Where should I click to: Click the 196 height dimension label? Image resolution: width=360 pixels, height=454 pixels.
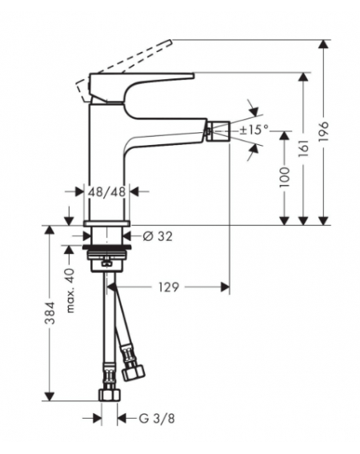[x=323, y=131]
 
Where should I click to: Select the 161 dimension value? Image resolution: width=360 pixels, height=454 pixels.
[x=303, y=148]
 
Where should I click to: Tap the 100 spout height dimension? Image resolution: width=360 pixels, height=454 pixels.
[x=285, y=177]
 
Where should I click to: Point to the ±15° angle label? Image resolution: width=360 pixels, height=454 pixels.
[x=254, y=130]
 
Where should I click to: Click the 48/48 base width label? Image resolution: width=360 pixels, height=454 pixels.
[x=106, y=191]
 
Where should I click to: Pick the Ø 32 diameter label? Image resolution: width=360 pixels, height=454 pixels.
[x=158, y=236]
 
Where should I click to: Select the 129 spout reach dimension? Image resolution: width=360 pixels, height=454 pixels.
[x=169, y=287]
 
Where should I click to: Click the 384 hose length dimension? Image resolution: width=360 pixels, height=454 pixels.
[x=50, y=313]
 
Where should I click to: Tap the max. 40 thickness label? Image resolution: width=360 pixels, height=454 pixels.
[x=70, y=291]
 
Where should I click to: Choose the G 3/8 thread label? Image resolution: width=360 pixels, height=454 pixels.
[x=157, y=419]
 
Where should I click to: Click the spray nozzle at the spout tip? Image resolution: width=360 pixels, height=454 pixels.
[x=218, y=131]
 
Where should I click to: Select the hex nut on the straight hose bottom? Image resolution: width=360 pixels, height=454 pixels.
[x=110, y=395]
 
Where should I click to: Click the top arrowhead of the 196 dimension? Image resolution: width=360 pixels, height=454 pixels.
[x=324, y=44]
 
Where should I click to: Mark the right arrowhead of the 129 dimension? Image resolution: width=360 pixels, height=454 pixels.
[x=225, y=287]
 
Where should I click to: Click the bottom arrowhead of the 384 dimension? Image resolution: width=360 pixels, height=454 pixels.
[x=50, y=396]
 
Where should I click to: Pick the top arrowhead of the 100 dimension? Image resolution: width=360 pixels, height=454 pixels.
[x=285, y=136]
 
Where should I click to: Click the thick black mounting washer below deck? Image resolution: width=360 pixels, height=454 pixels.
[x=107, y=247]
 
